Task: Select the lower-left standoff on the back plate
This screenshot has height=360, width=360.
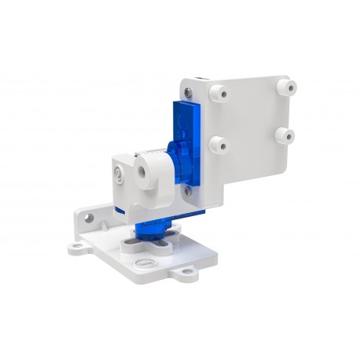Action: (219, 144)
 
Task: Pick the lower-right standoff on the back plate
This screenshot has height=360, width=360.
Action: (288, 136)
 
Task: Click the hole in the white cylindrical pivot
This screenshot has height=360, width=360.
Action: (145, 168)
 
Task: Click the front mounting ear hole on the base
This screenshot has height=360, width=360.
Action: (188, 276)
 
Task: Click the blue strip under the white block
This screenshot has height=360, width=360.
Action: (123, 211)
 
